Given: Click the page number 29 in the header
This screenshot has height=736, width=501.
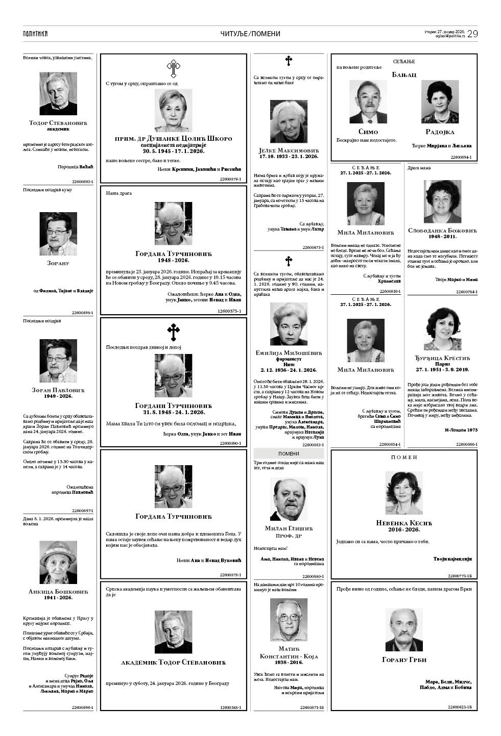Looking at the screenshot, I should [x=472, y=34].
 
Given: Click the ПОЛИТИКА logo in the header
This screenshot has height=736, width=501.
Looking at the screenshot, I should [x=35, y=34].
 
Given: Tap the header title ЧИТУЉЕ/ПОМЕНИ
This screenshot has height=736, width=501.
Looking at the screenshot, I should [x=250, y=34].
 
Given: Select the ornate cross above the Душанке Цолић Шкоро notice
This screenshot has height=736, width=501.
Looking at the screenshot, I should [x=174, y=68].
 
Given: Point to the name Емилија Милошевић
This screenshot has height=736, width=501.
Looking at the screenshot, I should [x=289, y=353].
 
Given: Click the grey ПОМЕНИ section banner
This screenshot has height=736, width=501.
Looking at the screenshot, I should [x=289, y=453].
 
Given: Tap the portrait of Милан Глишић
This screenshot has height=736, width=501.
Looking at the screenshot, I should [x=289, y=499].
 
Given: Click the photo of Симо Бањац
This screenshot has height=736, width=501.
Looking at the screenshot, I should [x=368, y=101].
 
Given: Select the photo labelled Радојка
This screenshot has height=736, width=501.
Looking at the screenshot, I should [x=440, y=101].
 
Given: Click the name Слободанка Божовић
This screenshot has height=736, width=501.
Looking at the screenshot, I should [x=442, y=231].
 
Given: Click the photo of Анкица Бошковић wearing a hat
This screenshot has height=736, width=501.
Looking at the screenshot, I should [x=58, y=562].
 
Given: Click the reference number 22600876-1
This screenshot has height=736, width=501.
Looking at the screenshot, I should [x=230, y=179].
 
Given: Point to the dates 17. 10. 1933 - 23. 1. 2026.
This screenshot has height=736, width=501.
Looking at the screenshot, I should [x=289, y=156].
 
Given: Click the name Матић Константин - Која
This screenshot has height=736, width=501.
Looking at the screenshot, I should [x=289, y=652].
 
